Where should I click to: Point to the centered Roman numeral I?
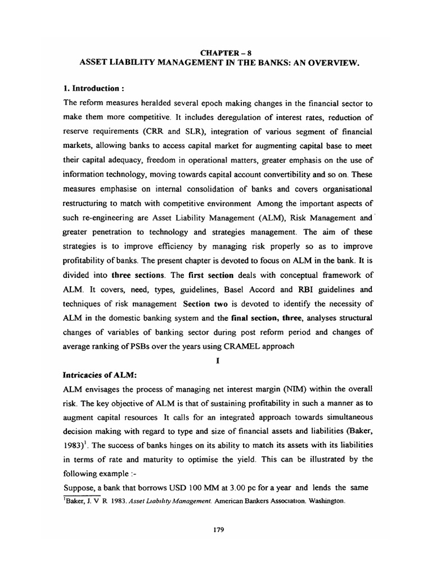tap(217, 361)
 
